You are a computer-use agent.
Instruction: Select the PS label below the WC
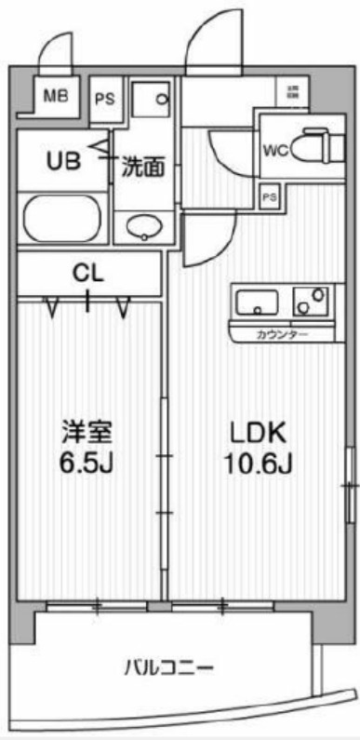pos(270,196)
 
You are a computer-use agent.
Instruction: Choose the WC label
pos(274,148)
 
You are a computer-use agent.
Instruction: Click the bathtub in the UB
pos(62,219)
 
